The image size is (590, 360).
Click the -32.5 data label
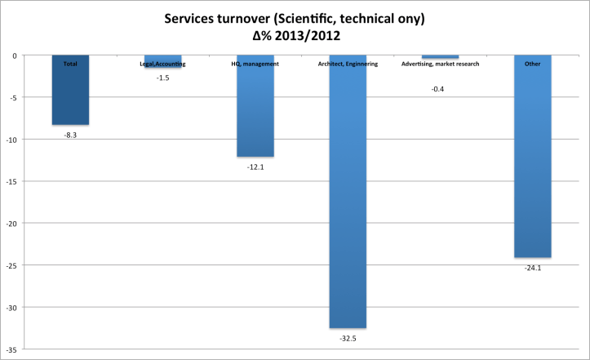click(348, 337)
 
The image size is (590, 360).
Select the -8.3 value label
click(70, 135)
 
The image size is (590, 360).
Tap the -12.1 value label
click(255, 167)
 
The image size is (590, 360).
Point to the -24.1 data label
click(532, 267)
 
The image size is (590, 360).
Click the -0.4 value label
click(437, 88)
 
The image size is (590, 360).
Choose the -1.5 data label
click(163, 78)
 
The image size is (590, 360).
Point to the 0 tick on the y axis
click(16, 56)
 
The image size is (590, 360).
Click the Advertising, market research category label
click(441, 64)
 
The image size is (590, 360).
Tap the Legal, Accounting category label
click(163, 64)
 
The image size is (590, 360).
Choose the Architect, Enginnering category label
click(348, 64)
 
